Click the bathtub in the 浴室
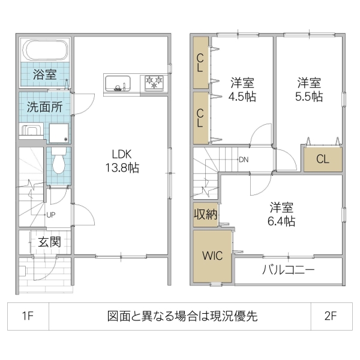[46, 50]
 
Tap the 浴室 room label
[44, 75]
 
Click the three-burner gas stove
[154, 83]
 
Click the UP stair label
[51, 214]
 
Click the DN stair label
[243, 160]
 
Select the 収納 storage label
[205, 214]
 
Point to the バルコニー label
[288, 270]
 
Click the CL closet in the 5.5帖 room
[322, 160]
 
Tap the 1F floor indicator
[28, 316]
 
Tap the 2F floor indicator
[331, 316]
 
